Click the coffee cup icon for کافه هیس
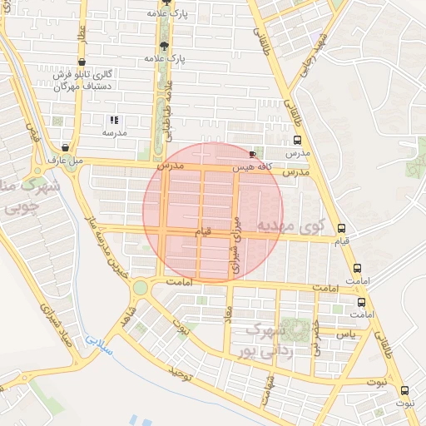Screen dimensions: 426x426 [x=253, y=155]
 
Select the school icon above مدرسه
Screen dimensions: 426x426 [x=114, y=120]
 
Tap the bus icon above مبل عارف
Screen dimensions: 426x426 [x=65, y=147]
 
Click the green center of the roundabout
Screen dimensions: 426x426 [x=140, y=288]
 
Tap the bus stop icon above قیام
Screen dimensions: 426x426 [x=341, y=229]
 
